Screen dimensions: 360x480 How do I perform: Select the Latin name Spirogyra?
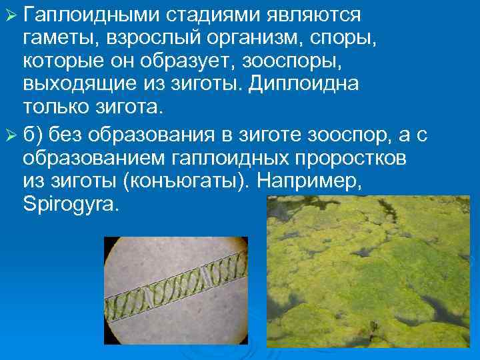click(x=70, y=205)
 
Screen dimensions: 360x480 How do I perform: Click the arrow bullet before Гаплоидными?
click(x=11, y=15)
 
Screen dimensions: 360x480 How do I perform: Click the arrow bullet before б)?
click(x=11, y=136)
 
